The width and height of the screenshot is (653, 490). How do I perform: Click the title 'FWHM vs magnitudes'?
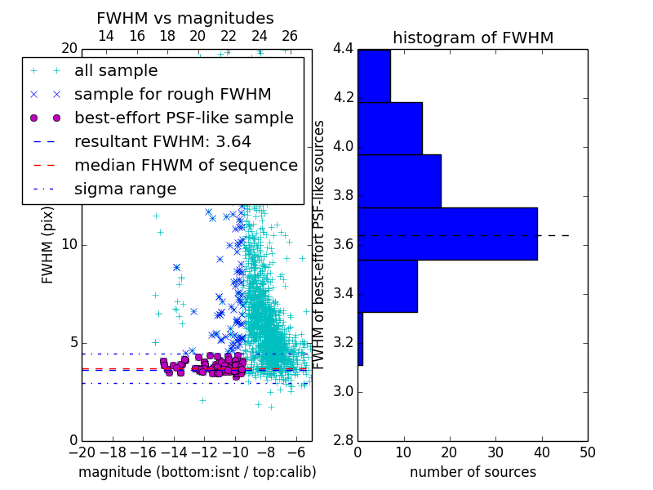click(x=185, y=18)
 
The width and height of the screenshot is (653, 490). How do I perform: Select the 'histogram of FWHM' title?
click(x=473, y=38)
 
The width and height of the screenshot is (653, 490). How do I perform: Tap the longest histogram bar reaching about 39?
click(x=447, y=234)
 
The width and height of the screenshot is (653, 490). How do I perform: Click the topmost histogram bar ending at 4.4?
click(x=375, y=76)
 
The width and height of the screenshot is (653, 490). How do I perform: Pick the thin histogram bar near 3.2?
click(x=361, y=339)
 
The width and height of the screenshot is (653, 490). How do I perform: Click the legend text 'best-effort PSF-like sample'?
click(x=184, y=118)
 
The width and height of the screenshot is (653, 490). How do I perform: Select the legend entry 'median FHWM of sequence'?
click(x=186, y=166)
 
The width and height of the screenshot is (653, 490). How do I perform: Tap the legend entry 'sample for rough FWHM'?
click(x=173, y=94)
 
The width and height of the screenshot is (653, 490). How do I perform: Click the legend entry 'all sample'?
click(x=116, y=70)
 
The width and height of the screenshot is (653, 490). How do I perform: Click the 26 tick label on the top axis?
click(x=290, y=36)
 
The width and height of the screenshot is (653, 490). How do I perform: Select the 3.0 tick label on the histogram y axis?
click(x=343, y=392)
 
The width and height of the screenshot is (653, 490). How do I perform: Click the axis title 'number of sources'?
click(x=473, y=472)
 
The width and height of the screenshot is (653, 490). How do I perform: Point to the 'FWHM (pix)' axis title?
click(x=47, y=245)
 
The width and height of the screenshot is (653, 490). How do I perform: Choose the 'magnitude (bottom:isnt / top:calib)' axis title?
click(x=198, y=472)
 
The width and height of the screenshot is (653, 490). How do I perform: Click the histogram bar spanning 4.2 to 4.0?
click(x=390, y=128)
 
